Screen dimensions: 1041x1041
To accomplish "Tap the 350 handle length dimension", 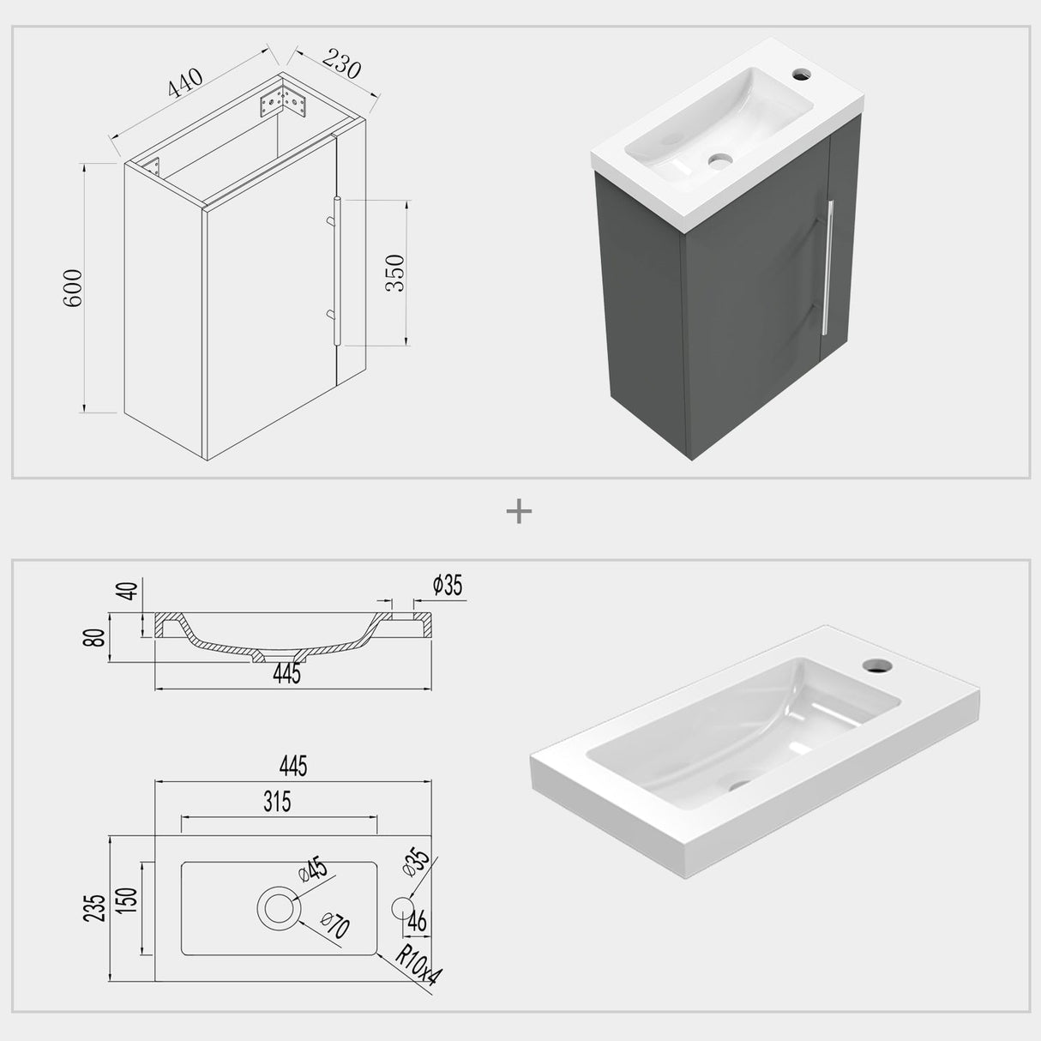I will pos(395,273).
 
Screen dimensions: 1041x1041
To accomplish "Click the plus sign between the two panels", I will pos(520,512).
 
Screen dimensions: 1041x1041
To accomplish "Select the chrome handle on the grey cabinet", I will pos(828,266).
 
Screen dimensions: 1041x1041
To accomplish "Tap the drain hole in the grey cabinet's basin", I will pos(719,159).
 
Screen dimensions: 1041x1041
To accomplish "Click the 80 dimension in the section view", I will pos(96,637).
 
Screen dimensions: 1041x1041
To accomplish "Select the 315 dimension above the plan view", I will pos(278,802).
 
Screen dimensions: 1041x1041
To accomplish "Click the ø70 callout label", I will pos(336,927).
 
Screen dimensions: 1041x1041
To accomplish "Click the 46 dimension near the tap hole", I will pos(418,922).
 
